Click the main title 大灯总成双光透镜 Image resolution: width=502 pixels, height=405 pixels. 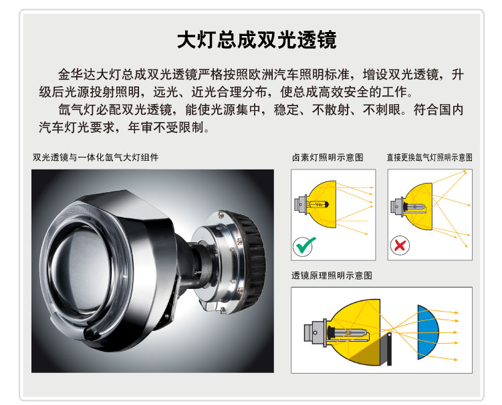(x=257, y=39)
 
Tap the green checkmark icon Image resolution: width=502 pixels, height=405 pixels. (x=305, y=246)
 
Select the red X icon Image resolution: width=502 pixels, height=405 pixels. (x=402, y=246)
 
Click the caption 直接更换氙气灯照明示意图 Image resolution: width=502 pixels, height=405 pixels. (x=429, y=157)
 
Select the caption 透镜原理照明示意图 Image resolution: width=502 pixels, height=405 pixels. (x=332, y=275)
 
